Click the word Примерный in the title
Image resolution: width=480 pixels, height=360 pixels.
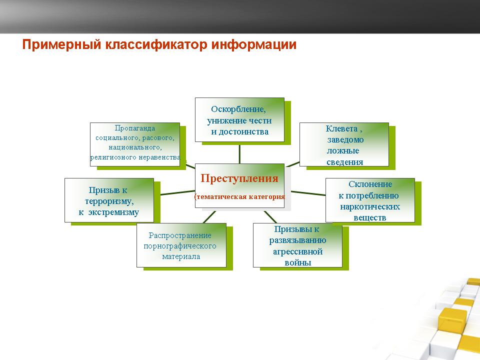[61, 44]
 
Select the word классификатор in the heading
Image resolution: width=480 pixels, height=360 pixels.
[156, 44]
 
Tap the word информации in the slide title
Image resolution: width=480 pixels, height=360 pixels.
[254, 44]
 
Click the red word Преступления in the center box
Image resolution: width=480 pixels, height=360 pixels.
[239, 178]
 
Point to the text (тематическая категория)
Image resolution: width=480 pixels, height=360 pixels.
[239, 196]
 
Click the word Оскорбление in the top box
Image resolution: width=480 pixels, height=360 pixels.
[238, 109]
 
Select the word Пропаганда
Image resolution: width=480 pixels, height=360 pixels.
[134, 128]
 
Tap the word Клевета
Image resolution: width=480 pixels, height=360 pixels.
[341, 128]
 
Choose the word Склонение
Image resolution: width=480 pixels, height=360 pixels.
[370, 184]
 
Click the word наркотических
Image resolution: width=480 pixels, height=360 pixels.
[370, 206]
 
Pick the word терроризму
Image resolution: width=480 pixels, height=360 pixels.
[109, 201]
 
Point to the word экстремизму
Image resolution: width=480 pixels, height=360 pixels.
[113, 212]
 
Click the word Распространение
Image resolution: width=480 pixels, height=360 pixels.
[180, 235]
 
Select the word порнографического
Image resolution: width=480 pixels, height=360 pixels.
[180, 246]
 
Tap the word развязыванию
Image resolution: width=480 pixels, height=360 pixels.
[297, 240]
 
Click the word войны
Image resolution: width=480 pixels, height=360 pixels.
[298, 262]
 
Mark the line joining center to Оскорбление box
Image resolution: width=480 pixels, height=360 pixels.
[239, 154]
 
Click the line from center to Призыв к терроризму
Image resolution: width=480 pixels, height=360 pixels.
[177, 192]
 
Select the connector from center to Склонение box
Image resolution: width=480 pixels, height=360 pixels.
[308, 193]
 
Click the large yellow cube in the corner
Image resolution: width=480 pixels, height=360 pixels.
[452, 320]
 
